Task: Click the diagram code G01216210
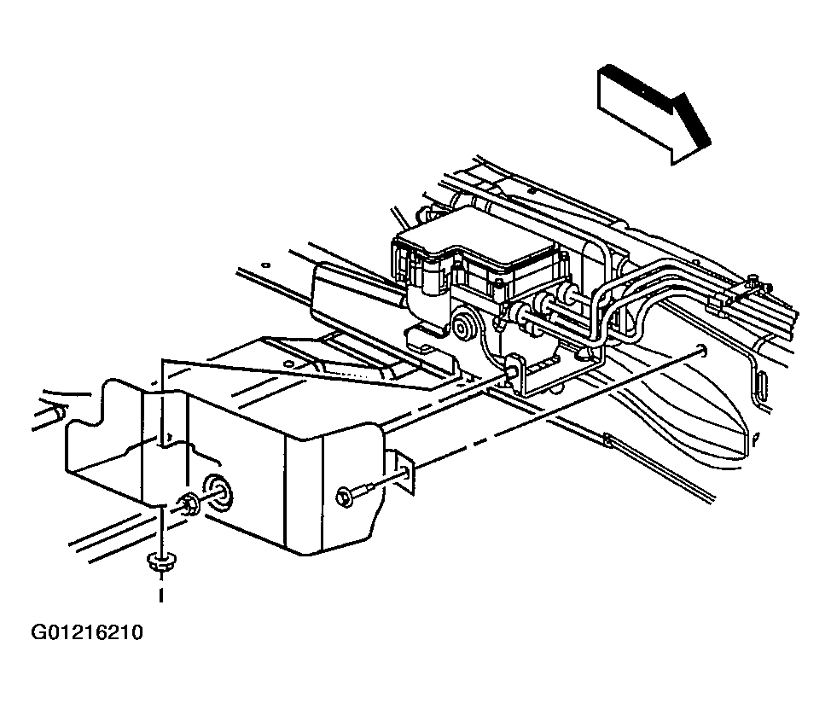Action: [x=87, y=634]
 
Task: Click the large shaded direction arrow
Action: [x=653, y=111]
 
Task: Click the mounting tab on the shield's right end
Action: [x=403, y=471]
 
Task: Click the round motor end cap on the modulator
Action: [x=466, y=327]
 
